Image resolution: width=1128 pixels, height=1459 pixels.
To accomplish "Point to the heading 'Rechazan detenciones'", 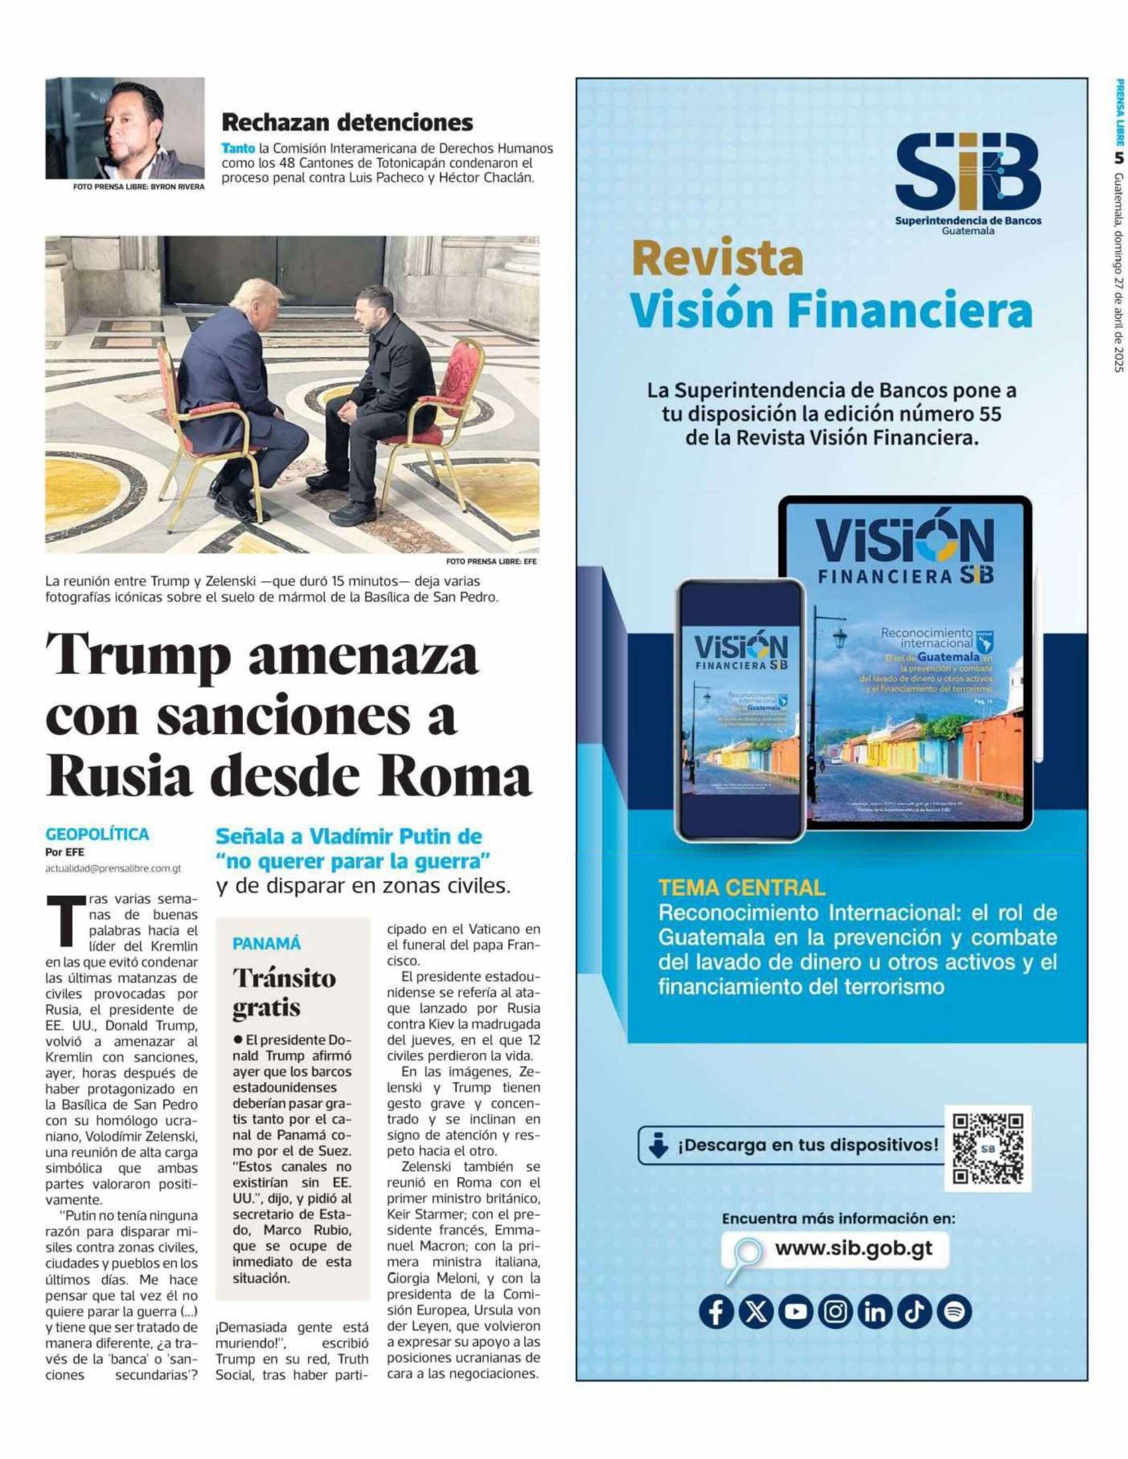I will point(347,123).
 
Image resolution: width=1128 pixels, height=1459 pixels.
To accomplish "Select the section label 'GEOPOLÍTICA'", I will point(97,834).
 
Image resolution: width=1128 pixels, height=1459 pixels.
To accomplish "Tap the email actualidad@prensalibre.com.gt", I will point(113,869).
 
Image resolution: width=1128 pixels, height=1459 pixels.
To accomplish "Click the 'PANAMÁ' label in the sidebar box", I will point(267,944).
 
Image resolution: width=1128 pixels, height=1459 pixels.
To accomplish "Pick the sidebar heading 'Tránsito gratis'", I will point(284,993).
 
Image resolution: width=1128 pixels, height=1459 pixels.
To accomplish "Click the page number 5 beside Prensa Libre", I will point(1119,158).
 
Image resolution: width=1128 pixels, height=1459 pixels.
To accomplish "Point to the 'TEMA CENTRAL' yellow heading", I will point(742,887).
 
